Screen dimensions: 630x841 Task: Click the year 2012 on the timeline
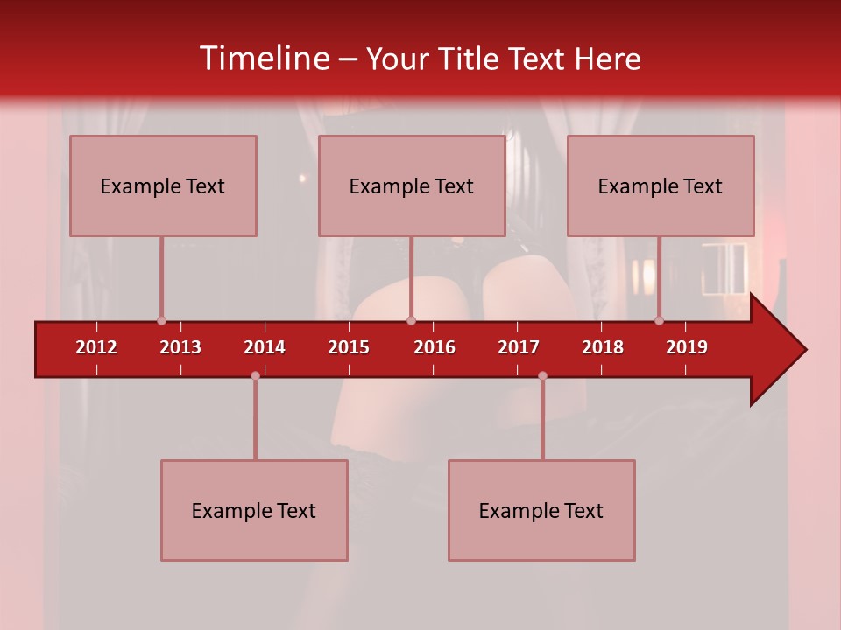click(x=96, y=347)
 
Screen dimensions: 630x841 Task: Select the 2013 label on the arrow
click(x=180, y=347)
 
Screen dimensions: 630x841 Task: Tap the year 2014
click(x=265, y=347)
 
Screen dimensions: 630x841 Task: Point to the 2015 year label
click(x=349, y=347)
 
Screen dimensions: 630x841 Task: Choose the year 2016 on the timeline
click(x=435, y=347)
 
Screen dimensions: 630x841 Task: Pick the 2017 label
click(x=519, y=347)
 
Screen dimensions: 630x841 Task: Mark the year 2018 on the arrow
click(x=603, y=347)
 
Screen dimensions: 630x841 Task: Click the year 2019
click(x=687, y=347)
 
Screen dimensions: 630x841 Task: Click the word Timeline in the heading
click(x=263, y=59)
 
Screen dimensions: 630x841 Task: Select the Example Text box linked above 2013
click(x=163, y=185)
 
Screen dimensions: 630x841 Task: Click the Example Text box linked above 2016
click(x=412, y=185)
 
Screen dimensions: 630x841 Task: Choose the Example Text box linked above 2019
click(x=661, y=185)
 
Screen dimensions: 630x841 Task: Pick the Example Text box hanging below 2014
click(x=254, y=510)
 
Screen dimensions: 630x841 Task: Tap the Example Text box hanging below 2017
click(x=541, y=510)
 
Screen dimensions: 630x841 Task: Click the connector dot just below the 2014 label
click(x=255, y=375)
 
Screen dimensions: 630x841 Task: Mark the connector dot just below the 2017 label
click(x=542, y=375)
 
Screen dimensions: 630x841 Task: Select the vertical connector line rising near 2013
click(x=161, y=278)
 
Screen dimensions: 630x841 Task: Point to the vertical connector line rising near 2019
click(x=659, y=278)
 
